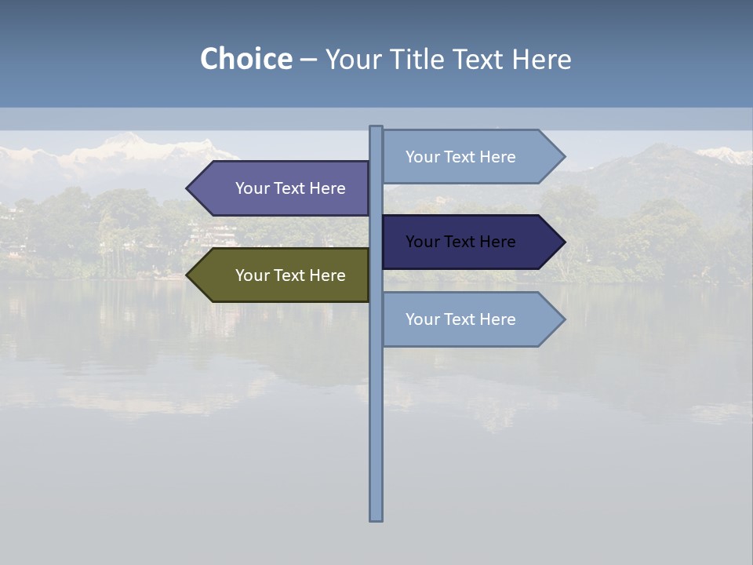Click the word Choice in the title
246,59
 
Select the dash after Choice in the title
308,60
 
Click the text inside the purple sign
290,188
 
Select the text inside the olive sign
290,275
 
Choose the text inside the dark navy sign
460,242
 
